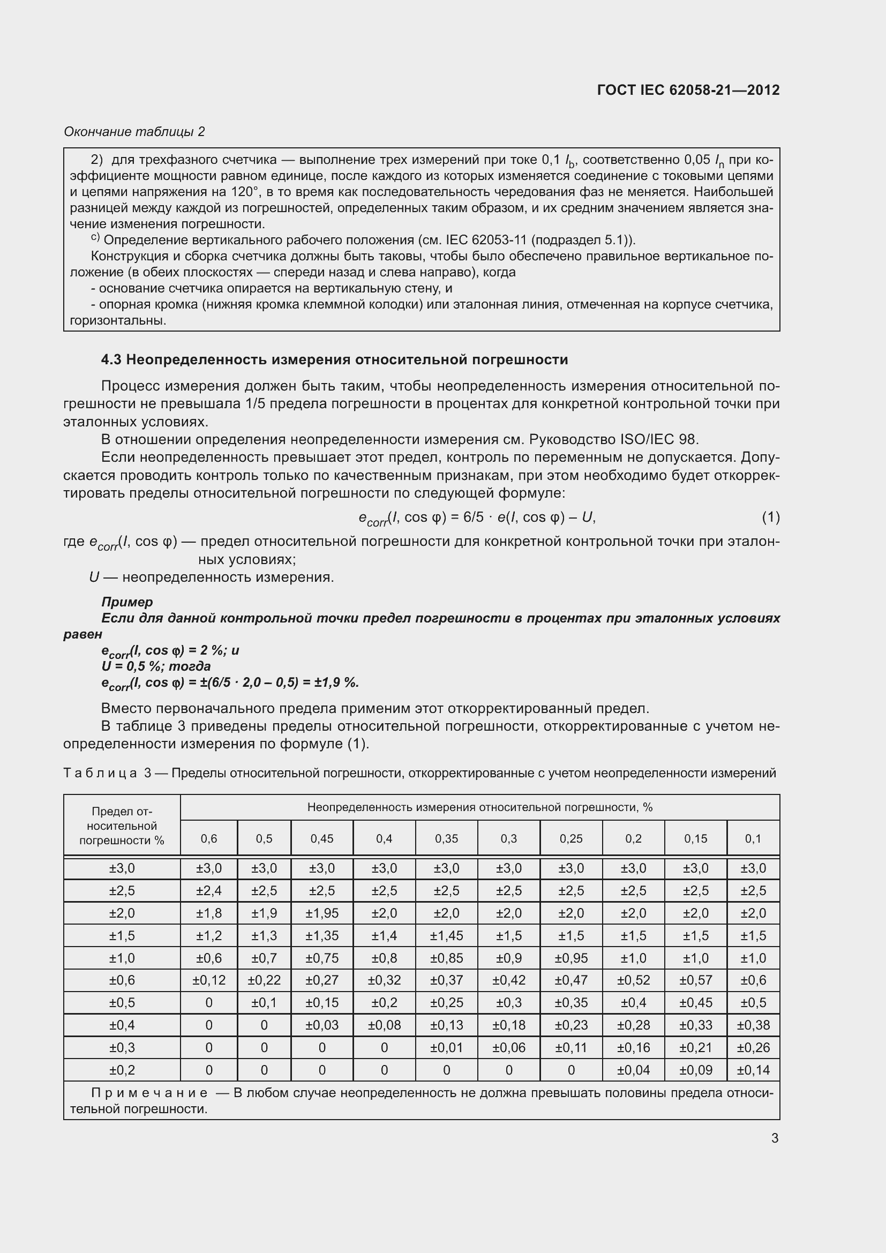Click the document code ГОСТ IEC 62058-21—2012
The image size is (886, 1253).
tap(688, 90)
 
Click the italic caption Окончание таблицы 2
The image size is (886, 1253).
tap(134, 132)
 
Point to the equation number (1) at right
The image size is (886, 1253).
tap(770, 517)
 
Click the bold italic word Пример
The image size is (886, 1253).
tap(127, 602)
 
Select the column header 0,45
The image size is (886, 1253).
tap(322, 838)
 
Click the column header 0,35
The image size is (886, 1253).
tap(446, 838)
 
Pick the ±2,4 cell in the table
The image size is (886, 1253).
tap(209, 891)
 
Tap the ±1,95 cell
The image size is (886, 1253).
tap(322, 913)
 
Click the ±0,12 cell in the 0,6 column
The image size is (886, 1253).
tap(209, 980)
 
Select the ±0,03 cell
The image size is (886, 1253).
tap(322, 1025)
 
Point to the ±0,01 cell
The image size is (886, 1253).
tap(446, 1047)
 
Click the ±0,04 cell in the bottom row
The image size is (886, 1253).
tap(633, 1070)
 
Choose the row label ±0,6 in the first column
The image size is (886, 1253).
tap(122, 980)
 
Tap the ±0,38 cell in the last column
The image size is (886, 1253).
tap(753, 1025)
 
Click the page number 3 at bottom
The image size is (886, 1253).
tap(775, 1138)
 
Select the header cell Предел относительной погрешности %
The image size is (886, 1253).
tap(122, 826)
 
